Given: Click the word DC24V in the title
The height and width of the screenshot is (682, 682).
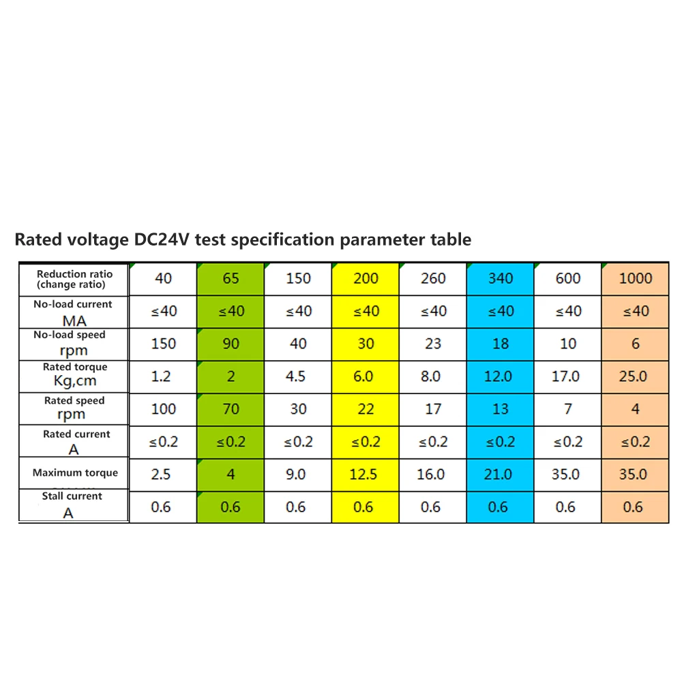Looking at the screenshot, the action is click(x=162, y=239).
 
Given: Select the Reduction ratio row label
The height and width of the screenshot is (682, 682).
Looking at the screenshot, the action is click(x=74, y=279).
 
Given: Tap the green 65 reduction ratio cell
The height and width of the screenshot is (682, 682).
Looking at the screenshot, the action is click(x=231, y=278).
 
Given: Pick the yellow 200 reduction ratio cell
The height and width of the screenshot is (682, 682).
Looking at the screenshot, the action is click(x=366, y=278).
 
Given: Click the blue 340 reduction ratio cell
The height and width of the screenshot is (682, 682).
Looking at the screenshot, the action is click(x=501, y=278).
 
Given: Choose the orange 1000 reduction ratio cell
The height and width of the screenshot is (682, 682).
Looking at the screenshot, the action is click(x=636, y=278).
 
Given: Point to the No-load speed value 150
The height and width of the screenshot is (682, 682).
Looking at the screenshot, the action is click(x=164, y=344).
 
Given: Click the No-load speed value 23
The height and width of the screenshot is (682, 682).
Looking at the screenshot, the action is click(x=433, y=344).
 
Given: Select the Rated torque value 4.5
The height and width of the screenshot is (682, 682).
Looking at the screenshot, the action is click(x=296, y=376).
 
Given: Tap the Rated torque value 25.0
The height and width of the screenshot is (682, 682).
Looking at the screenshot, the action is click(x=634, y=376).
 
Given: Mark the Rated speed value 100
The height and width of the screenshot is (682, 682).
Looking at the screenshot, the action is click(x=164, y=409).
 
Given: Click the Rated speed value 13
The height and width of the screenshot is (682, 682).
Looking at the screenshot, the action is click(x=501, y=409).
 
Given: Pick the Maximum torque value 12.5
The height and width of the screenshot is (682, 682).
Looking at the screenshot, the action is click(x=364, y=474).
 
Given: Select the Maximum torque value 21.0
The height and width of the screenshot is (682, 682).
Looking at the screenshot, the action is click(x=498, y=474).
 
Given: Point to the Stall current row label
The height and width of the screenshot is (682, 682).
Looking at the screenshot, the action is click(x=72, y=505).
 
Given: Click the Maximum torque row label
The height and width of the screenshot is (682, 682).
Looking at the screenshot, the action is click(x=75, y=473).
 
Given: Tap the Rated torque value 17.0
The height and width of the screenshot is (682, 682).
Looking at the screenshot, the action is click(x=565, y=376).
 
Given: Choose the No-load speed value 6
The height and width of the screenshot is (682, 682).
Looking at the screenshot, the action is click(x=636, y=344).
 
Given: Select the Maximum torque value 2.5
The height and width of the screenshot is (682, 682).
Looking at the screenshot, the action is click(x=161, y=474).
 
